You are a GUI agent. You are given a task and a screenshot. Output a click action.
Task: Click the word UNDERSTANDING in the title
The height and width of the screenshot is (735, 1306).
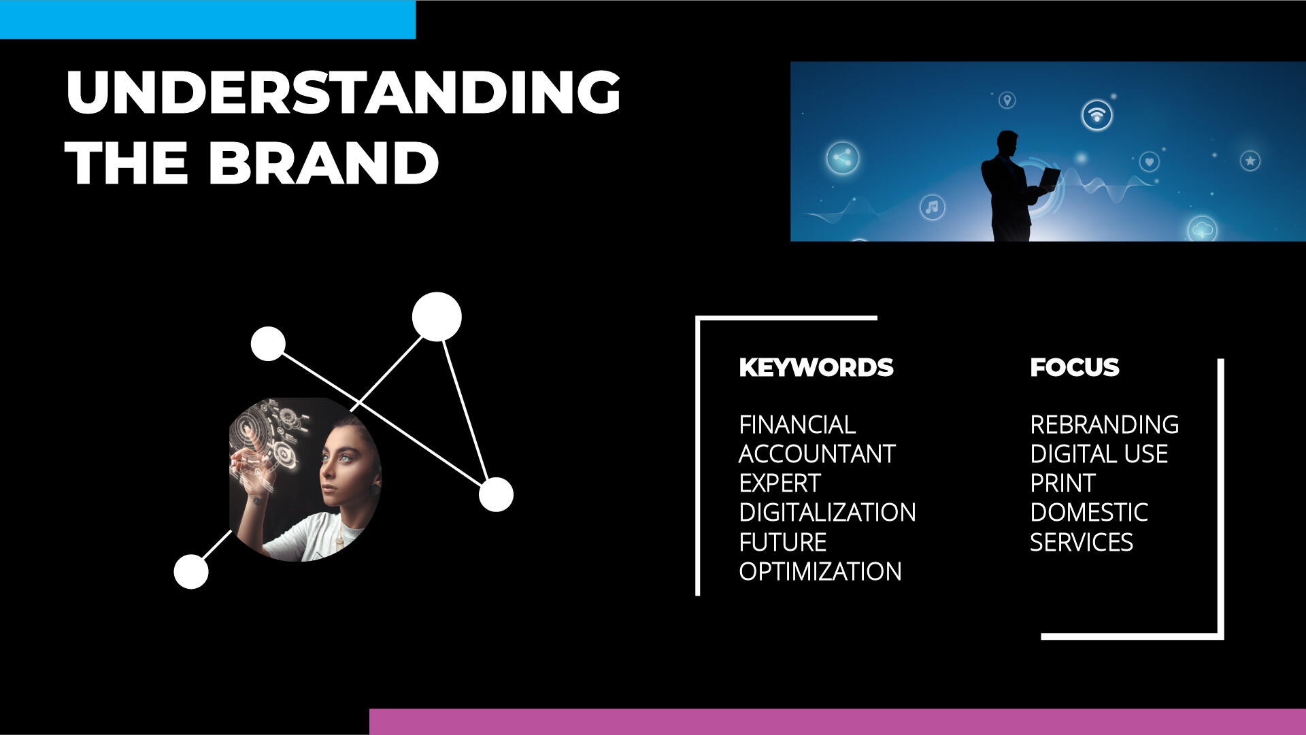coord(343,92)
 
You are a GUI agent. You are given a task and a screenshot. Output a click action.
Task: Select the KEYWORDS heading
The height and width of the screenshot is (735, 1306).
coord(816,367)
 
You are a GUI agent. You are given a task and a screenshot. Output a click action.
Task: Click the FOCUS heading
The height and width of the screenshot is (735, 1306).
coord(1074,367)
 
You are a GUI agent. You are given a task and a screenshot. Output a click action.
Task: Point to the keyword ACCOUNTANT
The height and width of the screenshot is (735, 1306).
coord(817,454)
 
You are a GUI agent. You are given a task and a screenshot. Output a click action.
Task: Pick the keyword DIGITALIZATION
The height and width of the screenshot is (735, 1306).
coord(827,512)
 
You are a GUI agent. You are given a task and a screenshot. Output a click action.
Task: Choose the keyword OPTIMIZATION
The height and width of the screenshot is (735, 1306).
coord(820,571)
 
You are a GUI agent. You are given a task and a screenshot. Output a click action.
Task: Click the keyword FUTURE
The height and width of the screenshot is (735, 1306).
coord(782,542)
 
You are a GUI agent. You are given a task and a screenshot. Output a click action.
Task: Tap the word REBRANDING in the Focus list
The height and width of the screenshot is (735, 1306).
coord(1104,424)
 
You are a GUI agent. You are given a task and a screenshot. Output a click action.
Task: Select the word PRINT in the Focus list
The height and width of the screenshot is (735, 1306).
coord(1062,483)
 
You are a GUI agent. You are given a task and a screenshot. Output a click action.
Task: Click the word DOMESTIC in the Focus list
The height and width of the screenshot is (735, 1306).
coord(1089,512)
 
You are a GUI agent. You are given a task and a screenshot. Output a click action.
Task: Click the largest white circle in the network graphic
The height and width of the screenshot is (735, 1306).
coord(437,317)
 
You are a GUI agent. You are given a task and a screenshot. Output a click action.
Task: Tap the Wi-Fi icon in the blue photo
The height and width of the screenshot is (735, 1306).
coord(1096,114)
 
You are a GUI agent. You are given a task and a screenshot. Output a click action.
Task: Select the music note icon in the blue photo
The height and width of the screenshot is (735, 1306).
coord(932,207)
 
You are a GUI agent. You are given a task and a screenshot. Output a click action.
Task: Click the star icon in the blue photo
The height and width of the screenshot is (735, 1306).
coord(1250,161)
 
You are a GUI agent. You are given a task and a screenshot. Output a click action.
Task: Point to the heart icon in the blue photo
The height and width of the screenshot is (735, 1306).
coord(1149,162)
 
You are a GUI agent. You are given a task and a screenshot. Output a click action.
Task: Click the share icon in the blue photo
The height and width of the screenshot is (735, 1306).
coord(842,158)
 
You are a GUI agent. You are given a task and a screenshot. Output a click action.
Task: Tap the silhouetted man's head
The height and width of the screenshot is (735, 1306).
coord(1007,143)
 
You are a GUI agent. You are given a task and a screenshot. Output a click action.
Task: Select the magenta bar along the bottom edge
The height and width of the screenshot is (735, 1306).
coord(837,722)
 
